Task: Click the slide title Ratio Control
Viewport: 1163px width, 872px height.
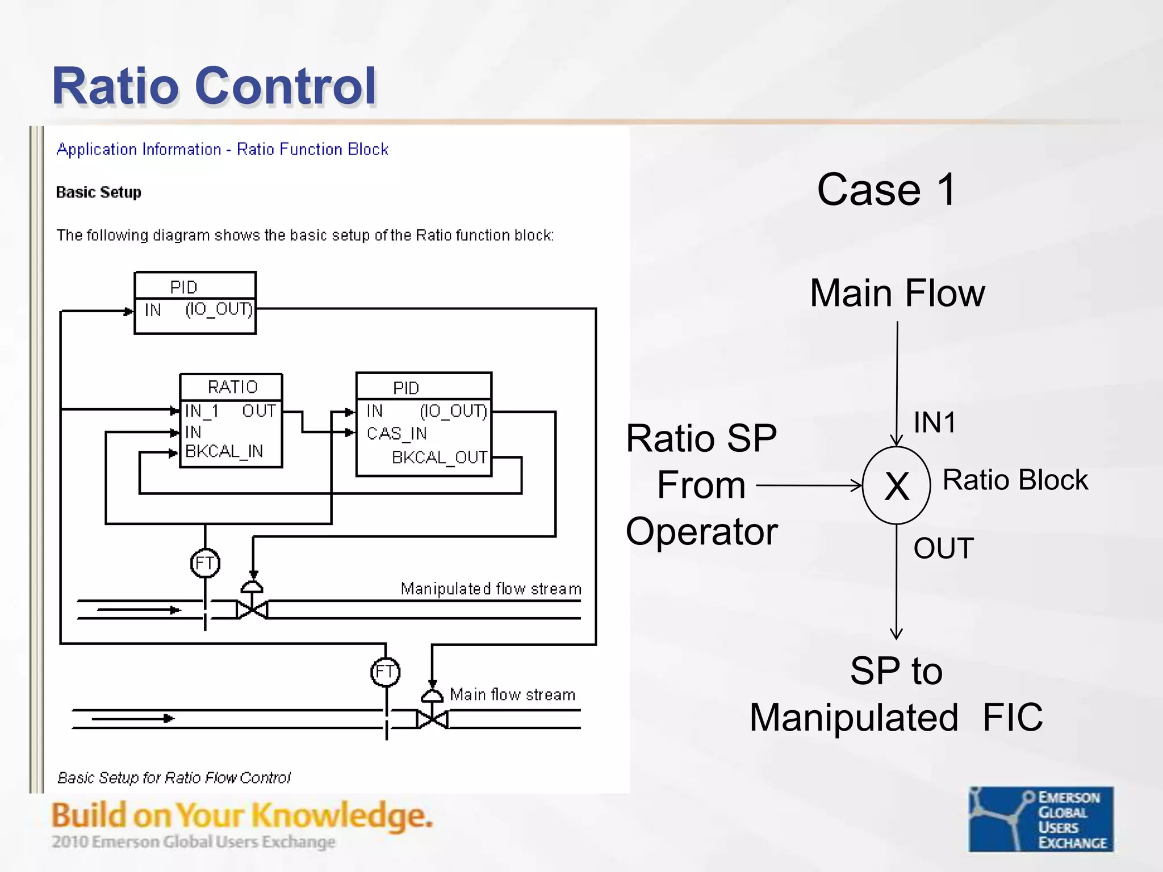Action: pyautogui.click(x=214, y=86)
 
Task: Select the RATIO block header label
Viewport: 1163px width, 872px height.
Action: pyautogui.click(x=232, y=387)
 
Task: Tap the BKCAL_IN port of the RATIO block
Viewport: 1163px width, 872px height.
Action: pyautogui.click(x=224, y=451)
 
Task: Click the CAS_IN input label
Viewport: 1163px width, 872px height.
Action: pyautogui.click(x=396, y=434)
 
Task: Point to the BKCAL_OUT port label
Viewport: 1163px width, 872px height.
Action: pyautogui.click(x=439, y=458)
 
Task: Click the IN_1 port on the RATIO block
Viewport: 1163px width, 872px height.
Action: pyautogui.click(x=202, y=410)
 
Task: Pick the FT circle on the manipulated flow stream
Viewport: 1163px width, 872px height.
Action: pyautogui.click(x=205, y=563)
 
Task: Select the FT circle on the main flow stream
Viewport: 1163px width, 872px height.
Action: pyautogui.click(x=386, y=672)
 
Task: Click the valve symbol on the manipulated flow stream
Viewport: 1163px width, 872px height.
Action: pyautogui.click(x=252, y=610)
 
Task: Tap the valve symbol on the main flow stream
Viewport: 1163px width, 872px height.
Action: pyautogui.click(x=432, y=719)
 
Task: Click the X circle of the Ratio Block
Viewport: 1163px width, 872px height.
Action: pyautogui.click(x=896, y=486)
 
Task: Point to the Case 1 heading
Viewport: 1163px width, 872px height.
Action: pyautogui.click(x=886, y=190)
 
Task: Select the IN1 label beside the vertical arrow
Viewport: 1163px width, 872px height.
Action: pyautogui.click(x=934, y=423)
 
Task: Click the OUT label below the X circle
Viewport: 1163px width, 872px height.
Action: pyautogui.click(x=943, y=548)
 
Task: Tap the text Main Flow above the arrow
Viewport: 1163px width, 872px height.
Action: pyautogui.click(x=897, y=294)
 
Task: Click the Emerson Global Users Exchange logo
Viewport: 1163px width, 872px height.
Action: pyautogui.click(x=1041, y=819)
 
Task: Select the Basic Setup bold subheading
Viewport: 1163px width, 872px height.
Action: pyautogui.click(x=98, y=192)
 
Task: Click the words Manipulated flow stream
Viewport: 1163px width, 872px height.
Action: pyautogui.click(x=491, y=589)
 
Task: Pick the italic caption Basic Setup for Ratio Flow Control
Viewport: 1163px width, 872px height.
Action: pyautogui.click(x=174, y=777)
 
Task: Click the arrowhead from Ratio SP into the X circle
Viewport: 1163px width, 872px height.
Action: pyautogui.click(x=856, y=485)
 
